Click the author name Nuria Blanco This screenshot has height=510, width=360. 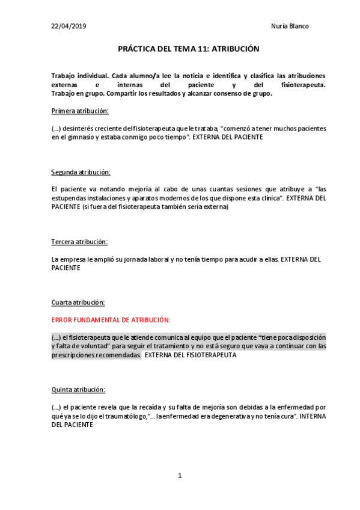[x=290, y=26]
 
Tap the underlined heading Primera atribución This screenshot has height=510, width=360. [x=80, y=111]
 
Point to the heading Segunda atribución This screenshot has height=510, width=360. [x=81, y=172]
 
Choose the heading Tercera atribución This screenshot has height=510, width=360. [x=79, y=242]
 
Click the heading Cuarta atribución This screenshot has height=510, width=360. [x=79, y=302]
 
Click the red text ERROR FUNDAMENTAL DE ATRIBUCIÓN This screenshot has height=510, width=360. [x=111, y=320]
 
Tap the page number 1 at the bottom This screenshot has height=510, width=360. [x=180, y=476]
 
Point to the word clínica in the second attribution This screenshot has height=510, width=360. [x=262, y=197]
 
